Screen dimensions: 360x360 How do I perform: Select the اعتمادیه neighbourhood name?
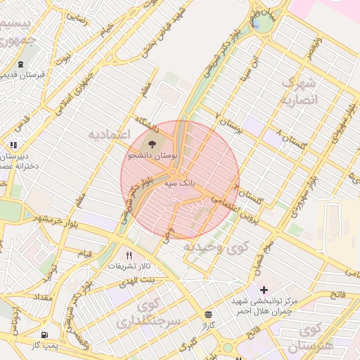pos(109,134)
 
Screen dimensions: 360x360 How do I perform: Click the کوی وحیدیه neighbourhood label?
pos(216,247)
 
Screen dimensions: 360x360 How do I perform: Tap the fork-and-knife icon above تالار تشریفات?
pos(128,255)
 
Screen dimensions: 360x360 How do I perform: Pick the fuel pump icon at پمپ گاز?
pos(45,335)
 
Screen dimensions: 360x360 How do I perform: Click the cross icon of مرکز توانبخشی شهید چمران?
pos(264,290)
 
